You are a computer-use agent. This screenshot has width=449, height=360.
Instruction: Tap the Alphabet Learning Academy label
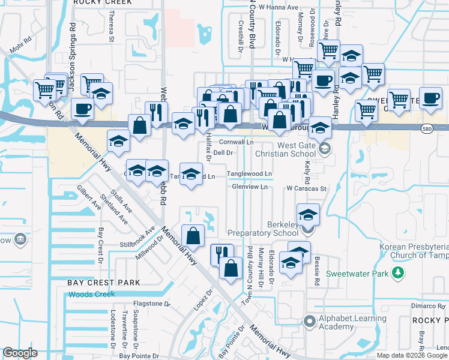click(344, 322)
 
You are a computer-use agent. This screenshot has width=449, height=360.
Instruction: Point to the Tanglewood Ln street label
click(250, 174)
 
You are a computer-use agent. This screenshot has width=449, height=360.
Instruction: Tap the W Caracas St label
click(306, 188)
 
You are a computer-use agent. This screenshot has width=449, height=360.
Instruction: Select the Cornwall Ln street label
click(236, 142)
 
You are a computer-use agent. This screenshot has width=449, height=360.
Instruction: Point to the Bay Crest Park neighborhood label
click(103, 282)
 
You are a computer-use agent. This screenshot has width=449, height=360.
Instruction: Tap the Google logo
click(20, 353)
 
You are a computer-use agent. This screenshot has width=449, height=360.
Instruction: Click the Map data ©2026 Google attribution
click(412, 355)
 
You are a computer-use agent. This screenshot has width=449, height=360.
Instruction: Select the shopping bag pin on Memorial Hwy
click(193, 235)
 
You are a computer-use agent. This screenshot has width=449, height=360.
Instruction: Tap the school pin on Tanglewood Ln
click(191, 174)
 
